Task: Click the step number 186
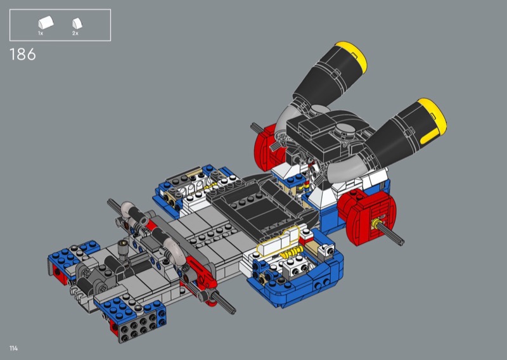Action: coord(23,55)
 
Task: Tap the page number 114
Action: coord(13,349)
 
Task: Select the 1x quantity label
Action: coord(41,34)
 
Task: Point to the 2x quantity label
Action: coord(75,34)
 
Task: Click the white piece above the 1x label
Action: coord(46,23)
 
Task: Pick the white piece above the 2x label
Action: coord(77,23)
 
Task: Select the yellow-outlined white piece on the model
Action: coord(278,241)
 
